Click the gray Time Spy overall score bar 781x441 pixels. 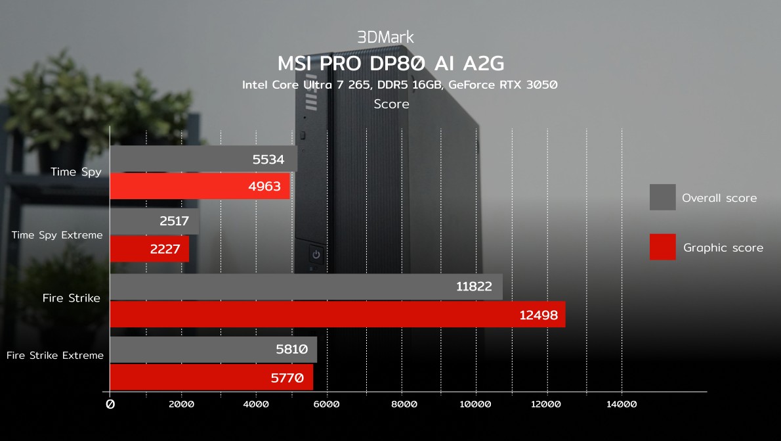[x=203, y=159]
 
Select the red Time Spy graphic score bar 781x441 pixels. [x=200, y=187]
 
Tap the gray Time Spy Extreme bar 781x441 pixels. [x=154, y=221]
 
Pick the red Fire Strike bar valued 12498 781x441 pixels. [x=337, y=315]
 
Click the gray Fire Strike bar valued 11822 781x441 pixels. [x=306, y=287]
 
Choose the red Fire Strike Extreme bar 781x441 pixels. [x=211, y=378]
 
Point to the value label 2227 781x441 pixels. [x=165, y=250]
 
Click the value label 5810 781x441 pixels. [x=292, y=350]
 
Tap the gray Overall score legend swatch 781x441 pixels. [x=662, y=197]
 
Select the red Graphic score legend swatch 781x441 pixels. [x=662, y=247]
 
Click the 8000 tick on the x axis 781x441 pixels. [x=404, y=404]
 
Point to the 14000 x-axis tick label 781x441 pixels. [x=622, y=404]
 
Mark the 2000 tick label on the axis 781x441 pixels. [x=182, y=404]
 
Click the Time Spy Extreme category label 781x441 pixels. [x=57, y=235]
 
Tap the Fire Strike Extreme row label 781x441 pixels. [x=55, y=356]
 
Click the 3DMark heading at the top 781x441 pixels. [x=385, y=37]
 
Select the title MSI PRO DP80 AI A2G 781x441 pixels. [x=391, y=63]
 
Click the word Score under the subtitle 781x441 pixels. [x=391, y=104]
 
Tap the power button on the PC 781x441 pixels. [x=316, y=254]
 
